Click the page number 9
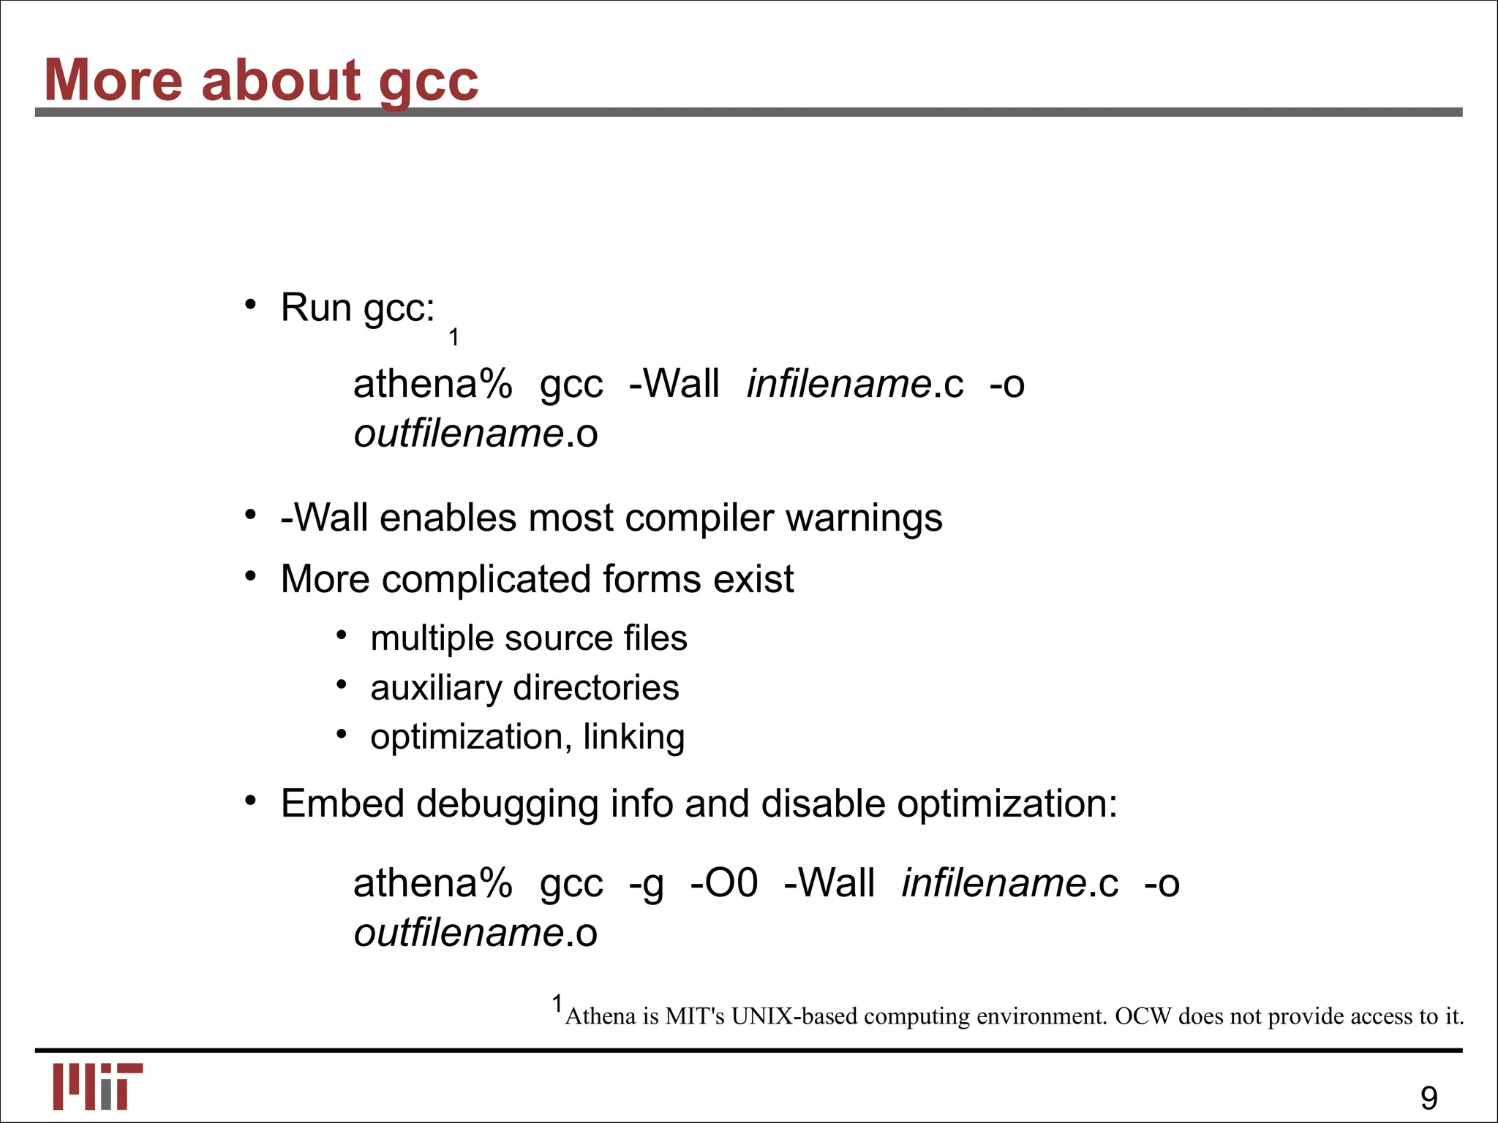1429,1098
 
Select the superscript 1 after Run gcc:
453,337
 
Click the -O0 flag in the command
724,882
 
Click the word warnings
864,518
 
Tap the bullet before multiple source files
341,635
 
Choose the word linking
633,737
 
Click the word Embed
342,804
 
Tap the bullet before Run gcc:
250,304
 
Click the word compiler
699,518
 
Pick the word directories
595,688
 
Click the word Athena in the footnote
601,1016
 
